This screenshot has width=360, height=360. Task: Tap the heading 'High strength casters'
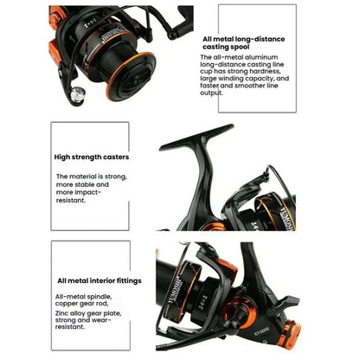tap(91, 157)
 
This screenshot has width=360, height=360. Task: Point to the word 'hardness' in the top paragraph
tap(267, 72)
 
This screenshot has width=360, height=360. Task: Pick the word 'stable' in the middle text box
tap(99, 184)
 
